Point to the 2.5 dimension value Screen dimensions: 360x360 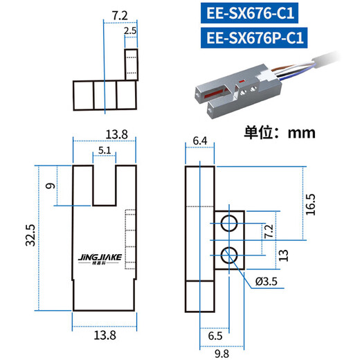click(x=130, y=31)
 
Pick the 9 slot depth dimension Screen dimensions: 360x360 click(x=48, y=186)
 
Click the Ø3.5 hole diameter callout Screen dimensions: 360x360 click(x=267, y=282)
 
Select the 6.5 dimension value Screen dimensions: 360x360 click(x=215, y=337)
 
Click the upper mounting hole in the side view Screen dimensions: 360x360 click(x=228, y=222)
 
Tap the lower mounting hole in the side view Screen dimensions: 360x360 click(x=228, y=254)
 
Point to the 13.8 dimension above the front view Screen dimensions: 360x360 click(x=101, y=134)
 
